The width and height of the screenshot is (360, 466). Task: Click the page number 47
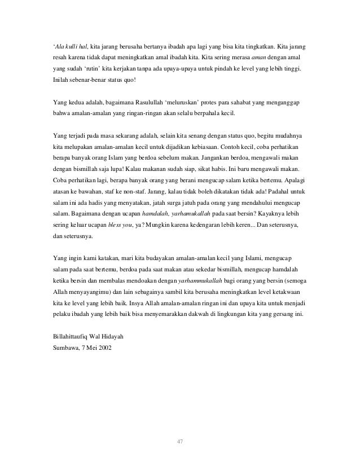pos(180,441)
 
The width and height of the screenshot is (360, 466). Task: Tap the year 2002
pos(104,348)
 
